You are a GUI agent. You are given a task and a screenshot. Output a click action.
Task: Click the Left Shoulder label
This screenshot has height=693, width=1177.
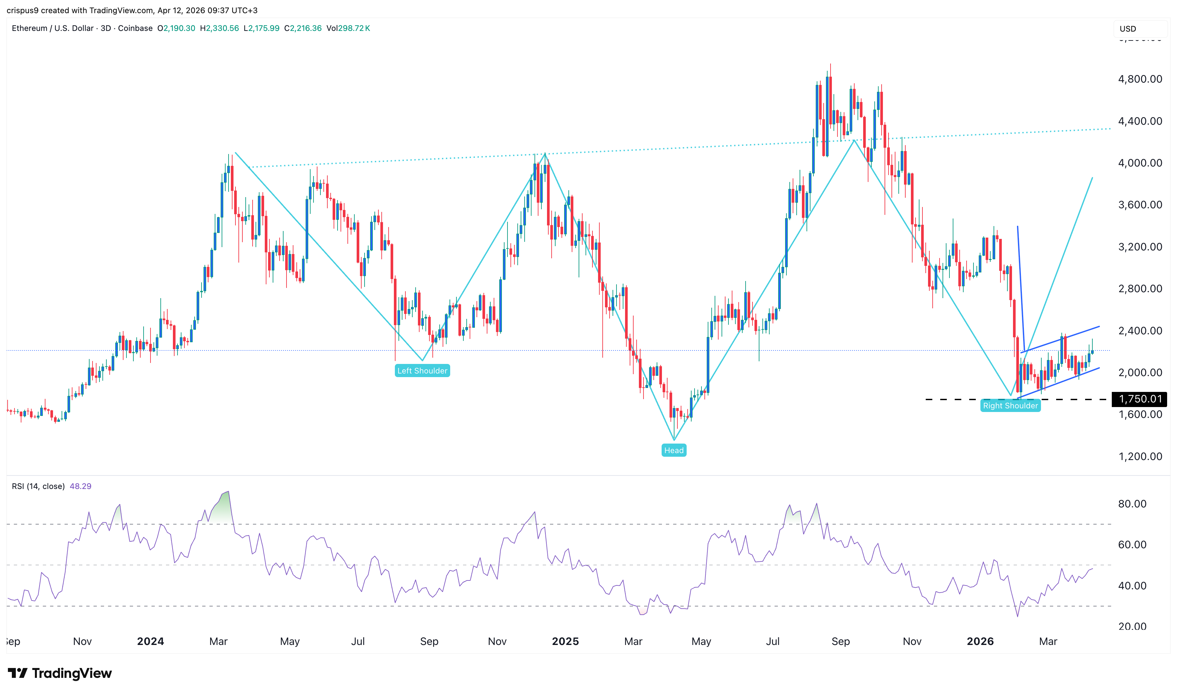pyautogui.click(x=422, y=371)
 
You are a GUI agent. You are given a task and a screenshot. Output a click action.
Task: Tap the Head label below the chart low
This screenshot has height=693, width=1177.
pyautogui.click(x=673, y=450)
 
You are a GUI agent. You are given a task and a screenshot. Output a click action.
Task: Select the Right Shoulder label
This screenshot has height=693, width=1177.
pyautogui.click(x=1010, y=405)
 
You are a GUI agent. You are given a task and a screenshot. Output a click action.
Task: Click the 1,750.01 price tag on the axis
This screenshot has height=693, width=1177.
pyautogui.click(x=1140, y=399)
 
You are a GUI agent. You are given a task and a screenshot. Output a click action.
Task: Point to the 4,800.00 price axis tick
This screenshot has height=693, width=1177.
pyautogui.click(x=1139, y=79)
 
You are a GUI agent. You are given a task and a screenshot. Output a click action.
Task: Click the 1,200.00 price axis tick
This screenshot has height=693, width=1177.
pyautogui.click(x=1139, y=456)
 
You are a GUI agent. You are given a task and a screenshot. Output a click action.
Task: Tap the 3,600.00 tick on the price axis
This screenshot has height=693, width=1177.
pyautogui.click(x=1139, y=205)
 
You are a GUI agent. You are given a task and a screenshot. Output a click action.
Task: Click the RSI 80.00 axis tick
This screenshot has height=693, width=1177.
pyautogui.click(x=1132, y=503)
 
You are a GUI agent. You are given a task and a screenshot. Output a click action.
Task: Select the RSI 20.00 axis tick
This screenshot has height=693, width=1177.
pyautogui.click(x=1132, y=626)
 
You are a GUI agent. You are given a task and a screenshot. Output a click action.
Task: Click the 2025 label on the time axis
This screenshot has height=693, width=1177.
pyautogui.click(x=565, y=641)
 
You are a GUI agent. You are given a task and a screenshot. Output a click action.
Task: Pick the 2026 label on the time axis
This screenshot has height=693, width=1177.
pyautogui.click(x=980, y=641)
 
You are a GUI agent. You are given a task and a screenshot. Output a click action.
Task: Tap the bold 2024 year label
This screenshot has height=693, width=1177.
pyautogui.click(x=151, y=641)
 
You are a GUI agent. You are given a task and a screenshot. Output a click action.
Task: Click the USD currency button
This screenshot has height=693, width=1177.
pyautogui.click(x=1128, y=29)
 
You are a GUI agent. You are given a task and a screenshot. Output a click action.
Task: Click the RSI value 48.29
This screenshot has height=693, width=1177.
pyautogui.click(x=80, y=486)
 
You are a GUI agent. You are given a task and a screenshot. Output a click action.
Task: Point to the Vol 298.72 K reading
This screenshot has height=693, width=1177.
pyautogui.click(x=348, y=28)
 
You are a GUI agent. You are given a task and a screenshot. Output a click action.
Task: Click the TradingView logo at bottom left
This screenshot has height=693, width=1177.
pyautogui.click(x=60, y=673)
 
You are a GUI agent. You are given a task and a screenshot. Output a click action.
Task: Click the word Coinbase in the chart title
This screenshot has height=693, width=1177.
pyautogui.click(x=135, y=28)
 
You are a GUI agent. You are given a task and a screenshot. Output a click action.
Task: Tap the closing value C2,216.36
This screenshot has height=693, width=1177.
pyautogui.click(x=303, y=28)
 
